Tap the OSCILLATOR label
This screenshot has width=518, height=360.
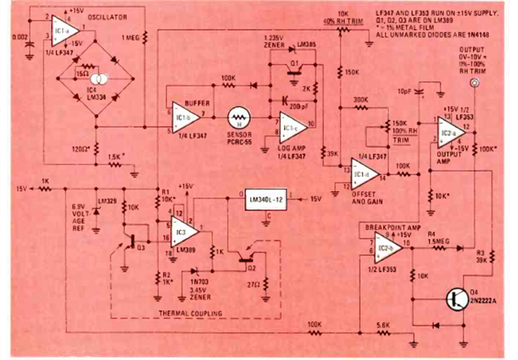tap(107, 18)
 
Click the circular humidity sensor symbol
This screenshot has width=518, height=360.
tap(238, 116)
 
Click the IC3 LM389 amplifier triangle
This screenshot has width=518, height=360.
tap(184, 227)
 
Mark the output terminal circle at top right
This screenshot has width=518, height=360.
tap(474, 84)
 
